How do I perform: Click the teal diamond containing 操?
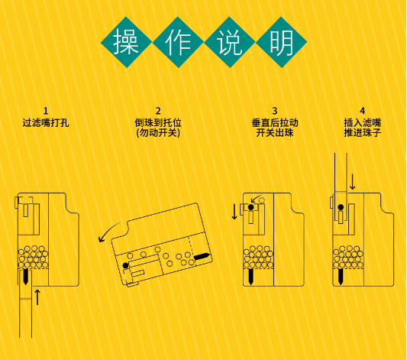[127, 42]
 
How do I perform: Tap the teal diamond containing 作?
[178, 42]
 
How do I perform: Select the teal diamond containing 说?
[229, 42]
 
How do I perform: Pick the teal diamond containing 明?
[281, 42]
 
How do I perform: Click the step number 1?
[46, 111]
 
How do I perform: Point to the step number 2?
[158, 111]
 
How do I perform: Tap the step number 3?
[275, 111]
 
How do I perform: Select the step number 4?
[363, 111]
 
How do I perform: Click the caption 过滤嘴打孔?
[46, 122]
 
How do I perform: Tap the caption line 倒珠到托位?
[158, 122]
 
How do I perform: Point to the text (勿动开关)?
[158, 133]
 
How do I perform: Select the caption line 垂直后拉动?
[275, 122]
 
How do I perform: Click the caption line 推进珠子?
[363, 133]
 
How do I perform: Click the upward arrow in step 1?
[37, 297]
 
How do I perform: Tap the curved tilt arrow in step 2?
[108, 231]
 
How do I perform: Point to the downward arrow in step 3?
[234, 212]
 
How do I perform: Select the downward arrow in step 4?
[352, 182]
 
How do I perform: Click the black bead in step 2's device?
[126, 265]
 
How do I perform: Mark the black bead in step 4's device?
[341, 207]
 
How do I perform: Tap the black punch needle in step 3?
[250, 277]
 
